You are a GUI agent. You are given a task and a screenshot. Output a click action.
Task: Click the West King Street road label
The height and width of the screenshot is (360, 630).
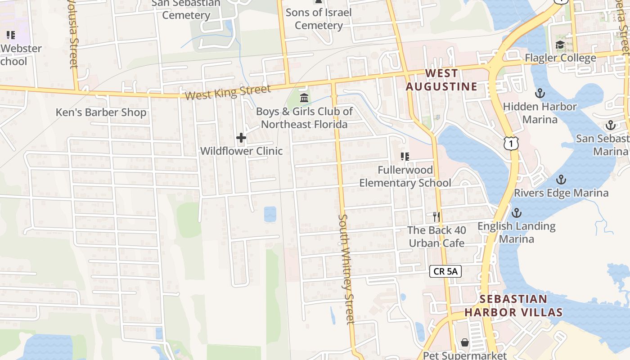[x=228, y=92]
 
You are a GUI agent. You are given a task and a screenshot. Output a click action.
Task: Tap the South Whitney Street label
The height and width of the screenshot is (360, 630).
[x=346, y=269]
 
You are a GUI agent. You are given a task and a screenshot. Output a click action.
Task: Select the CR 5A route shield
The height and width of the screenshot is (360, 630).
[x=445, y=271]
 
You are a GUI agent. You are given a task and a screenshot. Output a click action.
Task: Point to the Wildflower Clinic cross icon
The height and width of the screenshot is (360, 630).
[x=241, y=138]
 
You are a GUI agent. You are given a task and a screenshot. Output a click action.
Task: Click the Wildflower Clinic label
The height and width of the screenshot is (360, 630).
[x=241, y=151]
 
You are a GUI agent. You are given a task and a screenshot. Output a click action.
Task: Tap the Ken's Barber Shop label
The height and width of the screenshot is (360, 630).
[x=101, y=112]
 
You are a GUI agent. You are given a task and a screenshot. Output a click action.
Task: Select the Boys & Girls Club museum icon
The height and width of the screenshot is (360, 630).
[x=304, y=98]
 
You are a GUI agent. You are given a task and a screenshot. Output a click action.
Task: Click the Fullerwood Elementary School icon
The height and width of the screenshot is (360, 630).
[x=405, y=157]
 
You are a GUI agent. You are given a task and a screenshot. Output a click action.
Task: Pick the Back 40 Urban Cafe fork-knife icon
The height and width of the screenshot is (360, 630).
[x=436, y=217]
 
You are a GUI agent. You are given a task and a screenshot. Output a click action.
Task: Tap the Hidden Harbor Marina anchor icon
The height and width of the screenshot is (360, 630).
[x=540, y=94]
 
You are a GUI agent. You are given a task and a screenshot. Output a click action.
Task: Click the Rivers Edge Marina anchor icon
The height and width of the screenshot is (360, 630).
[x=561, y=180]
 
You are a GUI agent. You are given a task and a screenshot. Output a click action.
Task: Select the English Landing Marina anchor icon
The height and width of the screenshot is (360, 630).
[x=517, y=212]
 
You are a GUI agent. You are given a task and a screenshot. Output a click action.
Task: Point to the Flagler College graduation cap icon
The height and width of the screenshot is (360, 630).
[x=560, y=45]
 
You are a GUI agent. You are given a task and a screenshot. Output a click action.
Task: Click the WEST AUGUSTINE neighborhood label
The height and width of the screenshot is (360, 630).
[x=441, y=80]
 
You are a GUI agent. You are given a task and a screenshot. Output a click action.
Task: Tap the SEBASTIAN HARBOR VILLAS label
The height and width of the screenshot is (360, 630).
[x=513, y=306]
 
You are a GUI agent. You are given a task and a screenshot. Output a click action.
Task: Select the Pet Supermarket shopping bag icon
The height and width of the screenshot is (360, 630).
[x=464, y=343]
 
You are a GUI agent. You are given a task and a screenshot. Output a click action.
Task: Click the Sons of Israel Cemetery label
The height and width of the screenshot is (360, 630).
[x=319, y=19]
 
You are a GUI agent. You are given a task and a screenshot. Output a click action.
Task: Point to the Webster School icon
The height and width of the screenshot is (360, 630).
[x=10, y=35]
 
